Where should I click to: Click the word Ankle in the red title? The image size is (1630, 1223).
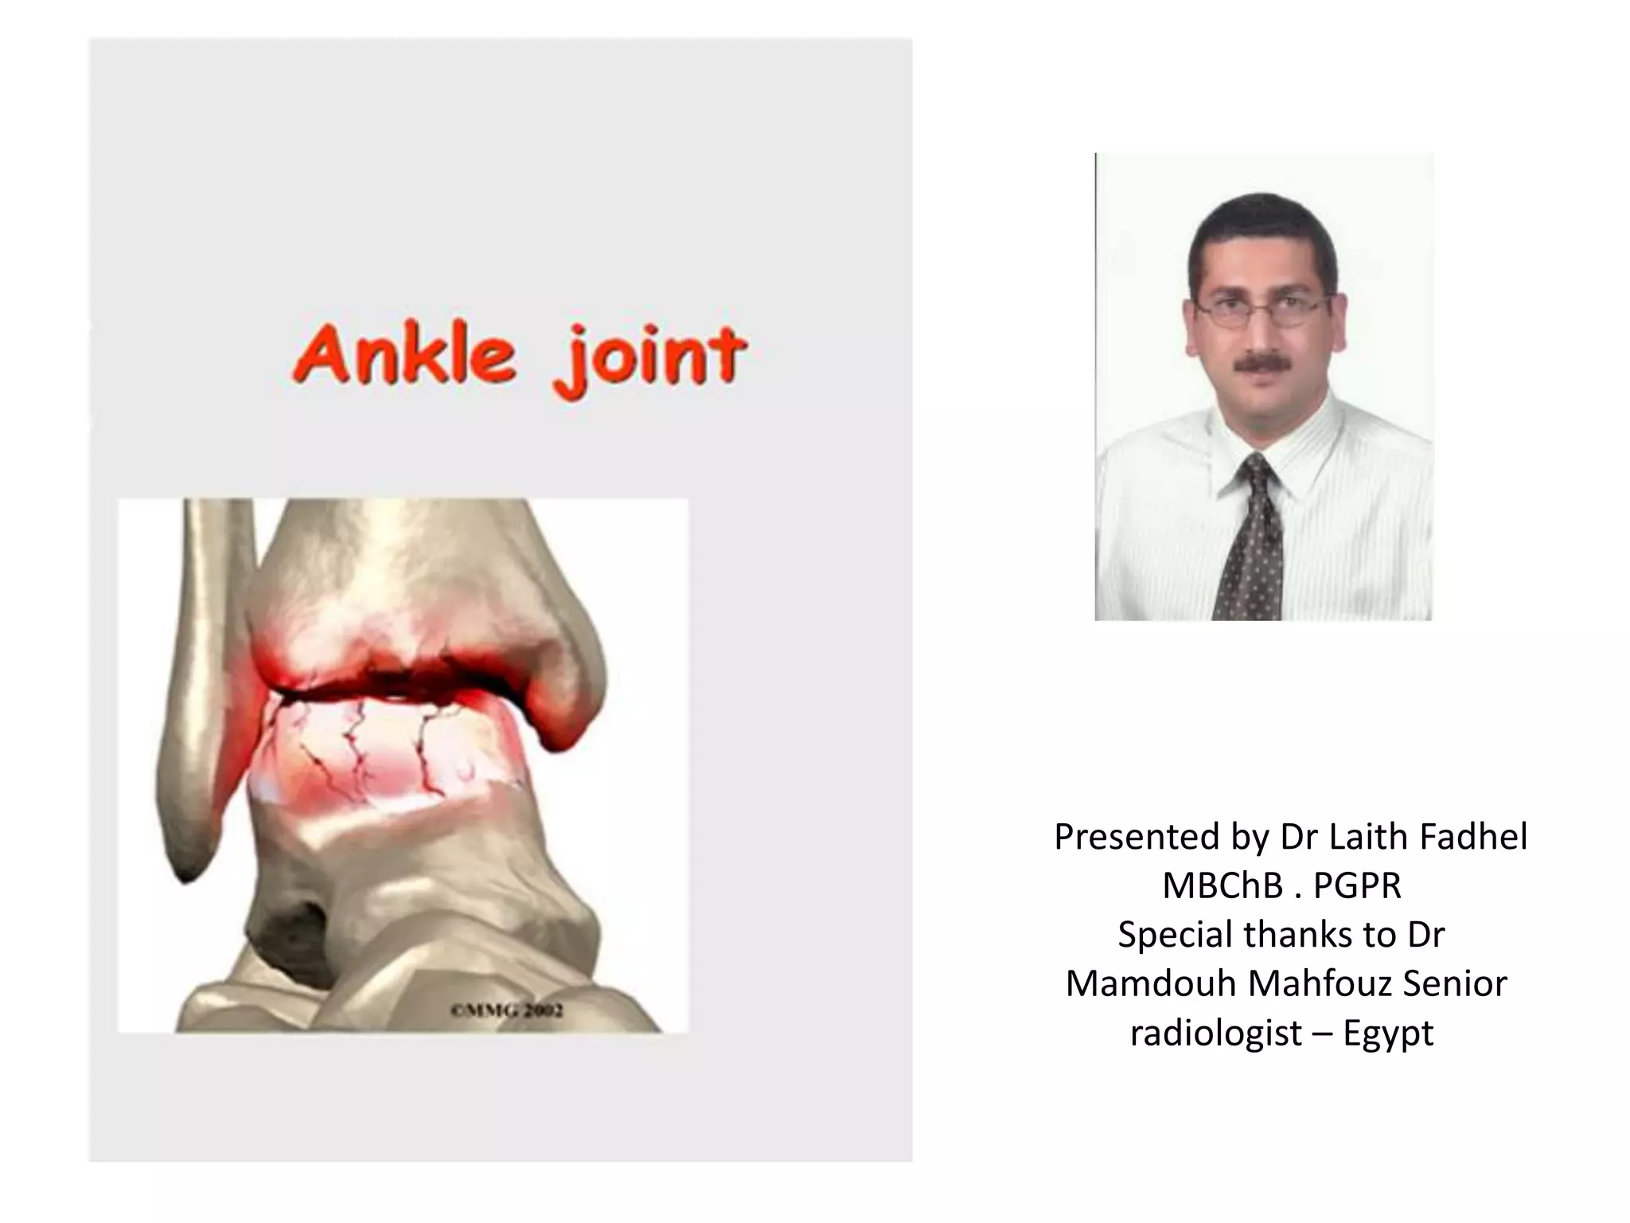(404, 355)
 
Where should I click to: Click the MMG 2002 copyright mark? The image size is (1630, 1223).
(507, 1010)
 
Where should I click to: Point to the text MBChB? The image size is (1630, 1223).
(1223, 885)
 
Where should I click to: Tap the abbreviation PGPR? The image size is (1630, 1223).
(1358, 885)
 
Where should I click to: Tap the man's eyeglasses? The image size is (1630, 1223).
(1263, 310)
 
